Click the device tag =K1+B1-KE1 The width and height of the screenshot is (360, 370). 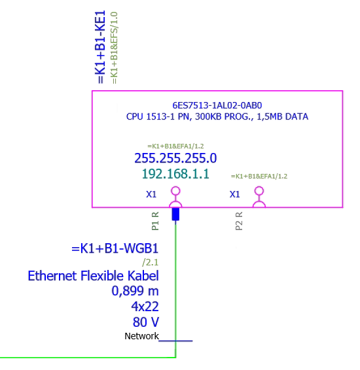click(100, 48)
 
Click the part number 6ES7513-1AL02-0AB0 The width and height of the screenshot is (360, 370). click(217, 105)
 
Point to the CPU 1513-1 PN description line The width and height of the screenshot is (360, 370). click(217, 117)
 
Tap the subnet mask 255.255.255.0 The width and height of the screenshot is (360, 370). click(175, 158)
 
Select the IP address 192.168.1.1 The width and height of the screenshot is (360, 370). click(175, 174)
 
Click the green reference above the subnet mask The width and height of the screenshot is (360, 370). click(175, 146)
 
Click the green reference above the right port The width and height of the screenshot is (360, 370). click(259, 176)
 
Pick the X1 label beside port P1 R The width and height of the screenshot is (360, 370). click(151, 194)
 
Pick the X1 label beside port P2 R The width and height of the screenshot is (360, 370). click(235, 194)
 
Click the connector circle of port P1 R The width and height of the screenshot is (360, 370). click(175, 192)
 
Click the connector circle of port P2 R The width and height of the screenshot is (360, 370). click(259, 192)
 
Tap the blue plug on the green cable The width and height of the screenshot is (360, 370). click(175, 214)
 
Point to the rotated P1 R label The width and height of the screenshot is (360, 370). click(155, 221)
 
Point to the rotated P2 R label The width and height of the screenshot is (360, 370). click(239, 221)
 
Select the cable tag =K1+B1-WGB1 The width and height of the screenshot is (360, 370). click(115, 249)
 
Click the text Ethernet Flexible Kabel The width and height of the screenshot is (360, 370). click(93, 276)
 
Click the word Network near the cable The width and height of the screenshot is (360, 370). click(141, 336)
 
